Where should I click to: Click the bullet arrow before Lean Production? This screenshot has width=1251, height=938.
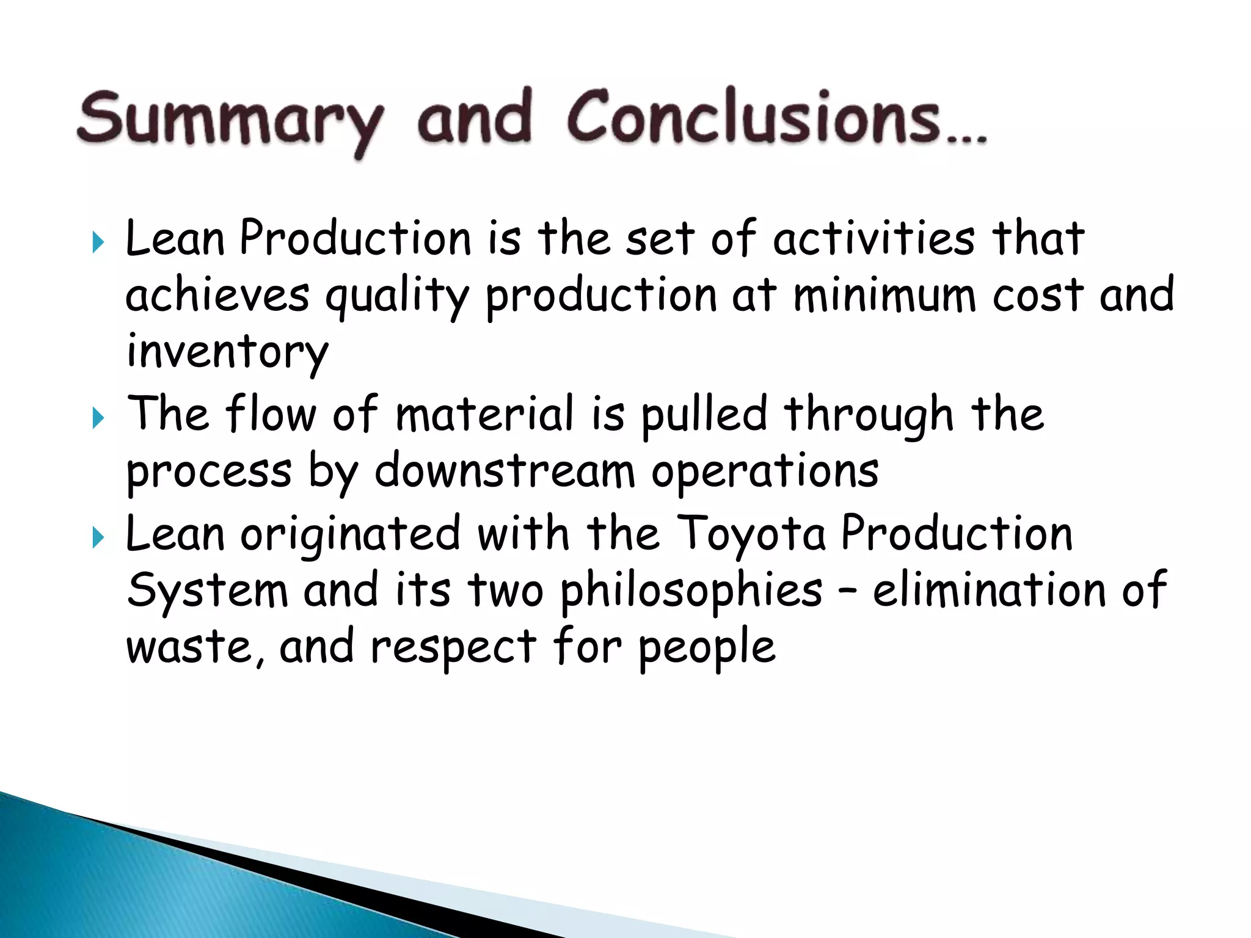click(98, 242)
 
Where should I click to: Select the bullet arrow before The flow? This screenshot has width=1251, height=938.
click(98, 418)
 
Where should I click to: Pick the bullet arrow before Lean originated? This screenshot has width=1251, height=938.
click(98, 538)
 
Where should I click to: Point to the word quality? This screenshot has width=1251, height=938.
click(397, 296)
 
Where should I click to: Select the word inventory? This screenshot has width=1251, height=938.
click(227, 353)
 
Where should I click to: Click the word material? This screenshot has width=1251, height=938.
click(484, 414)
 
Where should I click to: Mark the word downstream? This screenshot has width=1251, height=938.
click(505, 471)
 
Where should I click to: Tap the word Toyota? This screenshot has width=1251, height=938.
click(751, 534)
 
